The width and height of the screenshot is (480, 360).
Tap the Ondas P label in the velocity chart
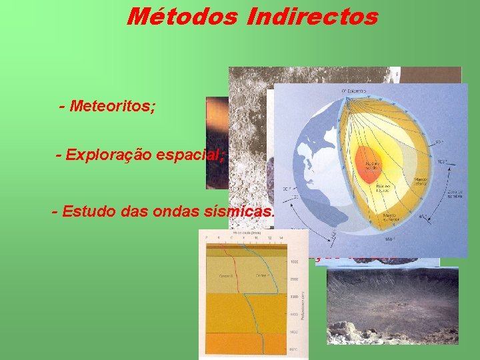(261, 275)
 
